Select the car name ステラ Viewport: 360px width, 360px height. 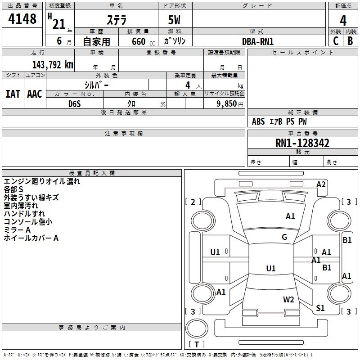point(116,20)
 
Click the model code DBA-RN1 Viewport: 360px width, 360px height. point(258,41)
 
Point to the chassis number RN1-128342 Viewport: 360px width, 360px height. point(302,143)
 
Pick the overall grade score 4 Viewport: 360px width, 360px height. point(343,20)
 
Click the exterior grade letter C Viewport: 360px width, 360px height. point(336,40)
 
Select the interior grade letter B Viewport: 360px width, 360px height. point(350,40)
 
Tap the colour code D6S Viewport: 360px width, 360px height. point(75,104)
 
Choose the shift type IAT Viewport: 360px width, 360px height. point(13,94)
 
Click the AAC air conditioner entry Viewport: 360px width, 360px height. point(35,94)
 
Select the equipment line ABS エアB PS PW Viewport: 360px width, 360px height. point(279,121)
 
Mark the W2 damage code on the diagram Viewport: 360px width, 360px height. point(288,300)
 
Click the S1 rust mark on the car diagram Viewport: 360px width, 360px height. point(320,308)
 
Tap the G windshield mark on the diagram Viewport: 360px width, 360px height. point(284,237)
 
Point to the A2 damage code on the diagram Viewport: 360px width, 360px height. point(321,184)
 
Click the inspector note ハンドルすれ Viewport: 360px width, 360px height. point(24,214)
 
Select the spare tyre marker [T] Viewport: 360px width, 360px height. point(197,345)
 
